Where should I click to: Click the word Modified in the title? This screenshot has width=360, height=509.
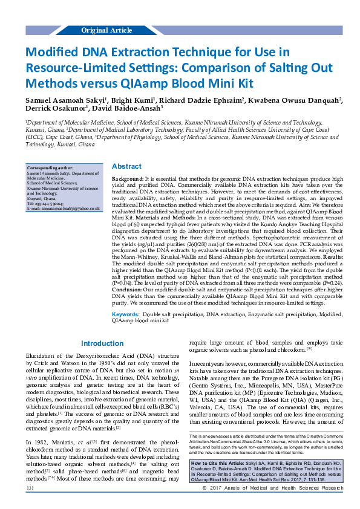pyautogui.click(x=55, y=52)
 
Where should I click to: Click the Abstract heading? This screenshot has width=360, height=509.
pyautogui.click(x=127, y=166)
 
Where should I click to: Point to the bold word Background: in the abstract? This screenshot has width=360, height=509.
pyautogui.click(x=128, y=180)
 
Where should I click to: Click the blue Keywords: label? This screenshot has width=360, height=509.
pyautogui.click(x=126, y=315)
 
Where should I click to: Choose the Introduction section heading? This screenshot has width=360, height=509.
pyautogui.click(x=102, y=343)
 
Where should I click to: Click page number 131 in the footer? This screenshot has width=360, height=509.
pyautogui.click(x=30, y=504)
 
